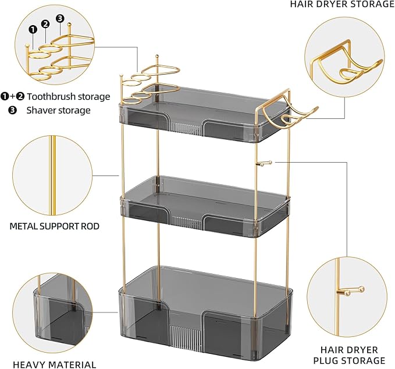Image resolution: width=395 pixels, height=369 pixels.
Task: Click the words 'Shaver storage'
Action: click(58, 109)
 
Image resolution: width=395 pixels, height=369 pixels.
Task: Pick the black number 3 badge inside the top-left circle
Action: click(59, 18)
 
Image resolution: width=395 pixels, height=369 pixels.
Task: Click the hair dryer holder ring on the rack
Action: click(297, 115)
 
